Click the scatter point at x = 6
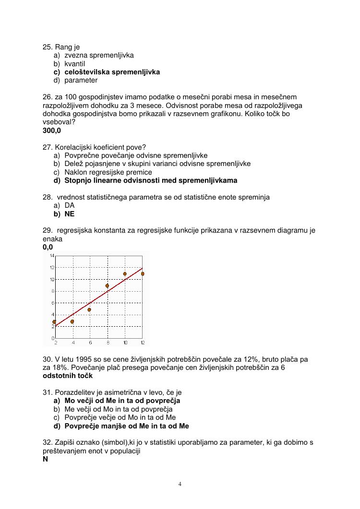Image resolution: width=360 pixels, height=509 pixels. [x=89, y=310]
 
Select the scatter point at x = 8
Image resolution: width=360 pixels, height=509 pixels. [x=107, y=286]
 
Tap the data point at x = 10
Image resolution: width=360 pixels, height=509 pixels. [x=125, y=274]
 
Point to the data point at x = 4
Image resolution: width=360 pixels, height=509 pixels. [x=72, y=321]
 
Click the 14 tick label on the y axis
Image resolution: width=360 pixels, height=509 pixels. [x=52, y=256]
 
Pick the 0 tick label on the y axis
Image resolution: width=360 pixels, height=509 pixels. [x=52, y=338]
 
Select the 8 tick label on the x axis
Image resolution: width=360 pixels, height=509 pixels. [x=107, y=343]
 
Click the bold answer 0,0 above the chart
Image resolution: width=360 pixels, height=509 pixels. [x=48, y=247]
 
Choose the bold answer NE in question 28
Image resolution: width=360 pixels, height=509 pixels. [x=70, y=214]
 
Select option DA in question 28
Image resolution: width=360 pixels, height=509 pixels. [x=70, y=205]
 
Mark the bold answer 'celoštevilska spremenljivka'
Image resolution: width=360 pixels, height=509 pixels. [x=112, y=72]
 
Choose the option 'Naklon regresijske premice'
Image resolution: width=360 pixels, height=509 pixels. [x=108, y=172]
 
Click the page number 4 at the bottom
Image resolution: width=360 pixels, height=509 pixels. [x=180, y=484]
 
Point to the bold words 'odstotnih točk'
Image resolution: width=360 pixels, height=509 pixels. [x=68, y=376]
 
